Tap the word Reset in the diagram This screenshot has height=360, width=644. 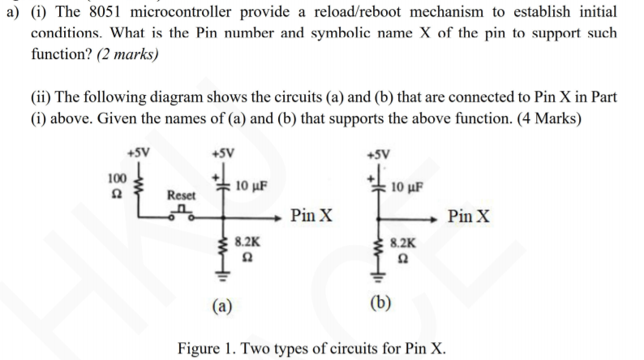(x=181, y=195)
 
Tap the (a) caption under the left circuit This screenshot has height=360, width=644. (x=220, y=306)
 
